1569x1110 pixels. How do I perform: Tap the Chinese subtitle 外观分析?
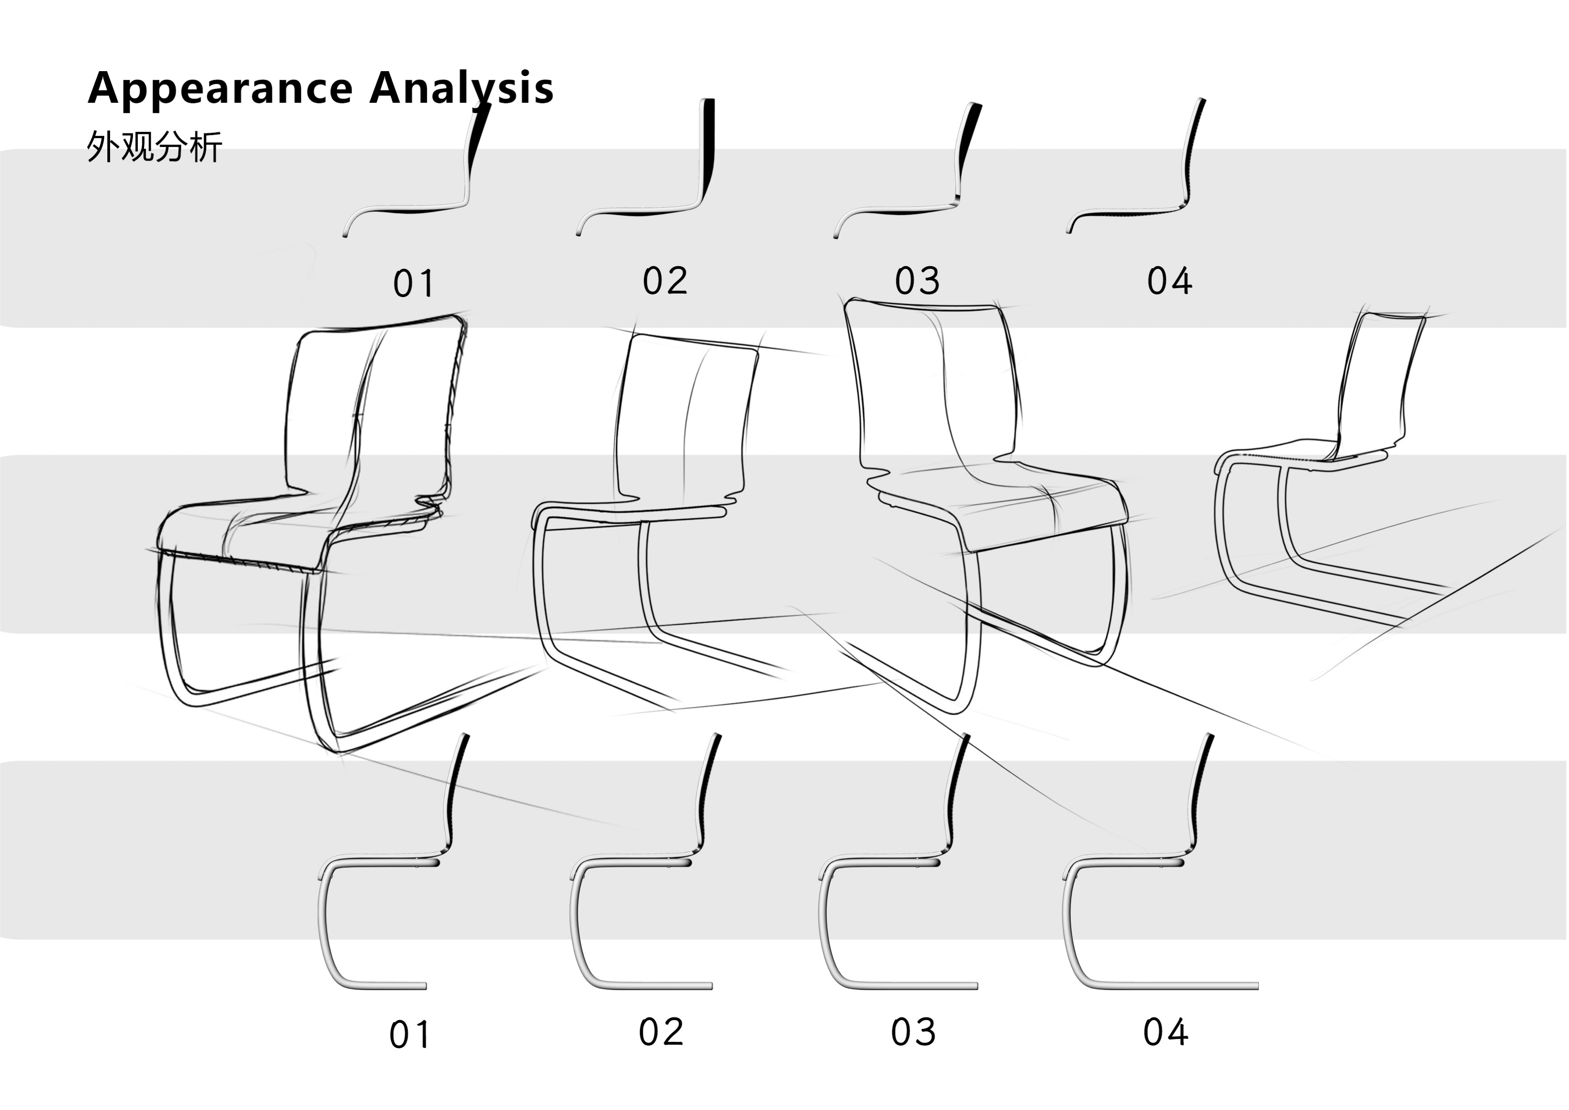pyautogui.click(x=154, y=147)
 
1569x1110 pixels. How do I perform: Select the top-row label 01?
pyautogui.click(x=413, y=284)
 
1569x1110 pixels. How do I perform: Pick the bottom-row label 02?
pyautogui.click(x=661, y=1032)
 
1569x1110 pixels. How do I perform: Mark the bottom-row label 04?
pyautogui.click(x=1166, y=1032)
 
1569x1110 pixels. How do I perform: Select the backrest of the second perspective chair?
pyautogui.click(x=683, y=417)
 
